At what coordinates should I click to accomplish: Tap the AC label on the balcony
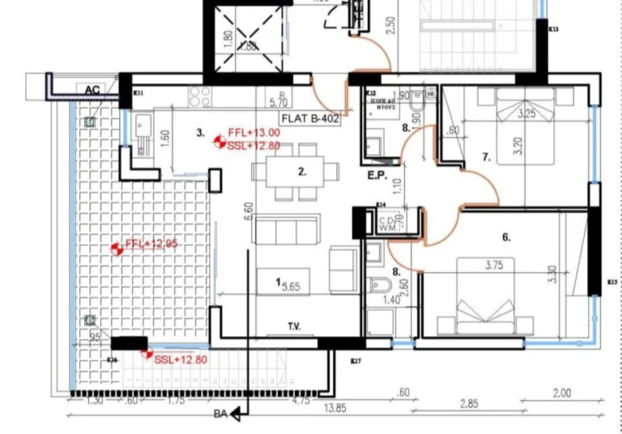[x=92, y=89]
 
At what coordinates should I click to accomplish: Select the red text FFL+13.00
[x=253, y=132]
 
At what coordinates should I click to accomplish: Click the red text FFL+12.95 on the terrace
[x=151, y=244]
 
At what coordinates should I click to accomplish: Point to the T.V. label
[x=294, y=327]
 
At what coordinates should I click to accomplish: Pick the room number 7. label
[x=487, y=158]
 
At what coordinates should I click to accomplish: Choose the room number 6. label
[x=506, y=237]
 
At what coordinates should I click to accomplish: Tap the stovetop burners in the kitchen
[x=200, y=96]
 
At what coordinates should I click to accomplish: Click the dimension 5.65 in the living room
[x=289, y=285]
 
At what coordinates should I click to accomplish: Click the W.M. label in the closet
[x=386, y=229]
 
